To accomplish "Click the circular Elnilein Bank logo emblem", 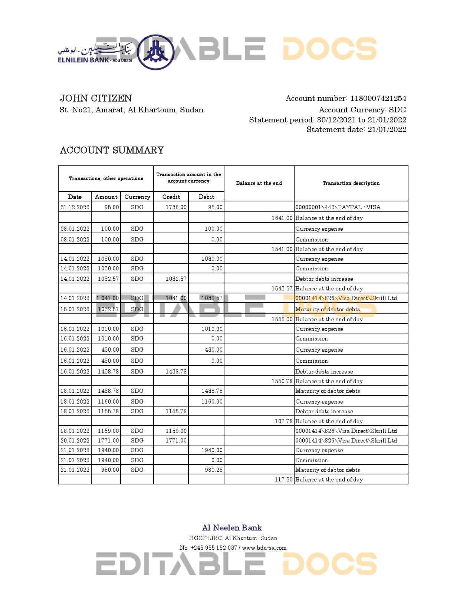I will [x=155, y=52].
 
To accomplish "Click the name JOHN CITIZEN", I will [x=96, y=98].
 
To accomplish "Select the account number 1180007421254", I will [x=378, y=98].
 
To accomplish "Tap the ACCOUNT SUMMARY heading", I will [x=112, y=150].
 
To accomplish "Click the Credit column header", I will [x=171, y=197].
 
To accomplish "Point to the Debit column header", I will [x=206, y=197].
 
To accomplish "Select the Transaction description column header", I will [x=351, y=183].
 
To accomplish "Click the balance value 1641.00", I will [x=282, y=218].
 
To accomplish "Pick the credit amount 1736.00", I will [x=176, y=207].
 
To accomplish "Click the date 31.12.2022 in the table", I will [x=75, y=207].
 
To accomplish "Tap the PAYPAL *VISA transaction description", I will [x=338, y=207].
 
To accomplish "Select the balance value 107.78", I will [x=283, y=421].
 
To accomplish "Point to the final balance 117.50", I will [x=283, y=480].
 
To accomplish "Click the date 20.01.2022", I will [x=75, y=441].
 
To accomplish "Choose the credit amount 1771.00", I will [x=176, y=441].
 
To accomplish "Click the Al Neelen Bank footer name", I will [x=232, y=528].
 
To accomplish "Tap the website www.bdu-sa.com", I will [x=264, y=548].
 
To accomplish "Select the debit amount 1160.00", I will [x=212, y=402].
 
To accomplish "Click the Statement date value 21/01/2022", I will [x=387, y=129].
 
